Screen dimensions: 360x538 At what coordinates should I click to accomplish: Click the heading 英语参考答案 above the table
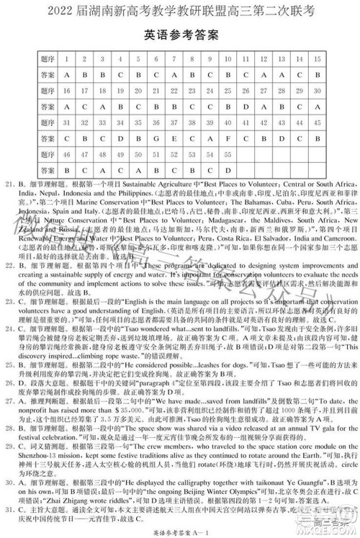coord(181,35)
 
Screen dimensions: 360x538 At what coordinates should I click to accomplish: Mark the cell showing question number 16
coord(66,91)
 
